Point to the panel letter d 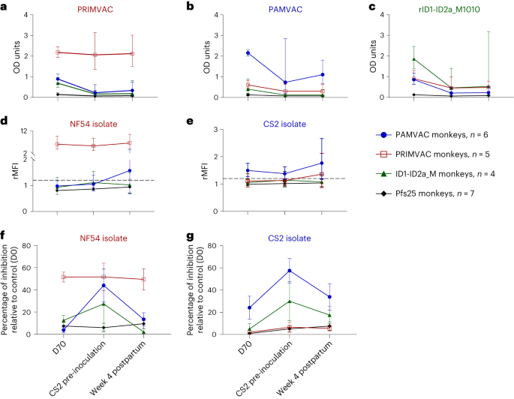tap(5, 120)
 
